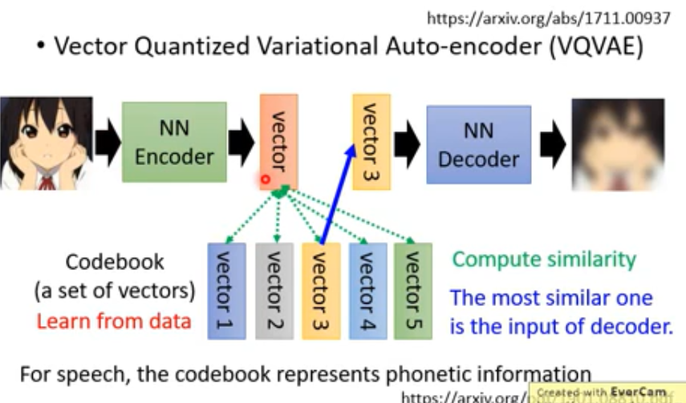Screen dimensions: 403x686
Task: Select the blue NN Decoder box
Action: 478,144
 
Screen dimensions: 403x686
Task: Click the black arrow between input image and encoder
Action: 107,143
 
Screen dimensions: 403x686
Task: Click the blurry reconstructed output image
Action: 616,143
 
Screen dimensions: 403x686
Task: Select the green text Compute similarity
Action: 543,260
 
